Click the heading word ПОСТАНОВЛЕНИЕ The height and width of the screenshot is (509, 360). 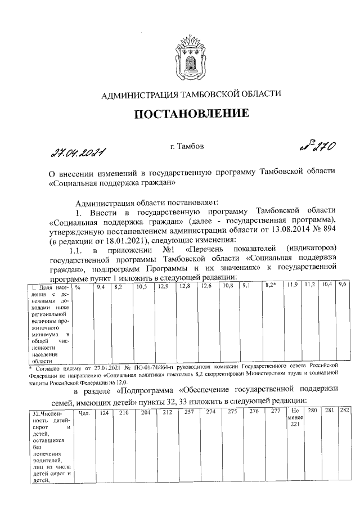pos(191,114)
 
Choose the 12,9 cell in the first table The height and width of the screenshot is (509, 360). pos(163,287)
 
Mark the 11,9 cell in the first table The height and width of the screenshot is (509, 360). pos(292,287)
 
